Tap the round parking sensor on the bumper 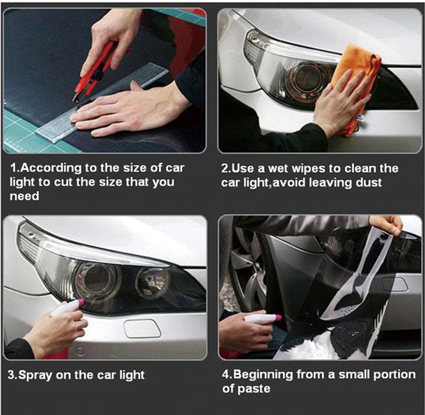pyautogui.click(x=80, y=351)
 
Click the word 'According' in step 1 pyautogui.click(x=51, y=168)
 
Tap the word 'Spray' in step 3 pyautogui.click(x=35, y=376)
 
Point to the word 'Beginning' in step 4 pyautogui.click(x=263, y=375)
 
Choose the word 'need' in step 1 pyautogui.click(x=24, y=196)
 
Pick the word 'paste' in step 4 pyautogui.click(x=254, y=389)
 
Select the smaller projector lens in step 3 pyautogui.click(x=152, y=283)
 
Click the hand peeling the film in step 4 pyautogui.click(x=387, y=224)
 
